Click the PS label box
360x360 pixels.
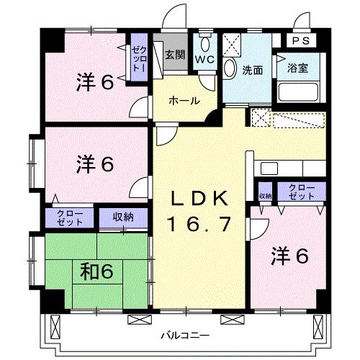[x=301, y=41]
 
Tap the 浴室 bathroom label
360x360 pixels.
[x=297, y=69]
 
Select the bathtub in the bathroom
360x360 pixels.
[x=299, y=92]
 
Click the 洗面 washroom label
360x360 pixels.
[x=251, y=70]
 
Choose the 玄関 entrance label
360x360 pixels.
[x=174, y=53]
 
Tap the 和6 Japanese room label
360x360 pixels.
[x=96, y=271]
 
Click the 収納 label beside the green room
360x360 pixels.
[x=123, y=217]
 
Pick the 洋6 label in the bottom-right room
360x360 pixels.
[x=290, y=256]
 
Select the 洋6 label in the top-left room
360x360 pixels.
[x=96, y=82]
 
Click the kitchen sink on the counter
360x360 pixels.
[x=269, y=167]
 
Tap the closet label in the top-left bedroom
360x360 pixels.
[x=138, y=55]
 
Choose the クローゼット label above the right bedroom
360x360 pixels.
[x=301, y=191]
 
